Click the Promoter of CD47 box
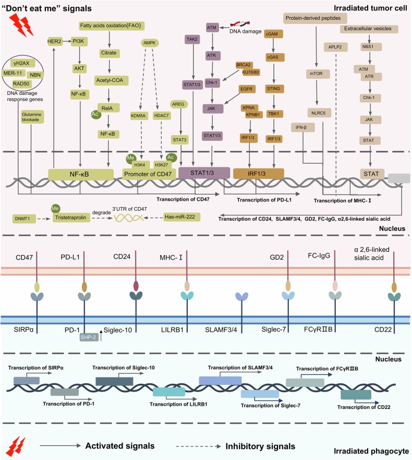(148, 174)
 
